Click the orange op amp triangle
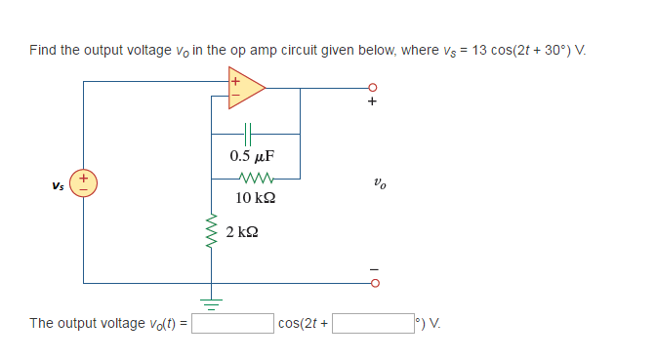pyautogui.click(x=245, y=85)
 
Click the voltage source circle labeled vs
pyautogui.click(x=84, y=182)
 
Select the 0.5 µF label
pyautogui.click(x=252, y=155)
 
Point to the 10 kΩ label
pyautogui.click(x=255, y=198)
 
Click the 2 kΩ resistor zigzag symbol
pyautogui.click(x=207, y=232)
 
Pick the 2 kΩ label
pyautogui.click(x=242, y=232)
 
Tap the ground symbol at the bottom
pyautogui.click(x=207, y=299)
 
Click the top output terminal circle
pyautogui.click(x=372, y=87)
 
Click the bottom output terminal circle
pyautogui.click(x=372, y=284)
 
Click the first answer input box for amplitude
pyautogui.click(x=232, y=323)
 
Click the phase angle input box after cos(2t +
pyautogui.click(x=373, y=323)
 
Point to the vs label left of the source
pyautogui.click(x=59, y=184)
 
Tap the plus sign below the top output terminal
pyautogui.click(x=372, y=102)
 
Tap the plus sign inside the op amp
pyautogui.click(x=234, y=80)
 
